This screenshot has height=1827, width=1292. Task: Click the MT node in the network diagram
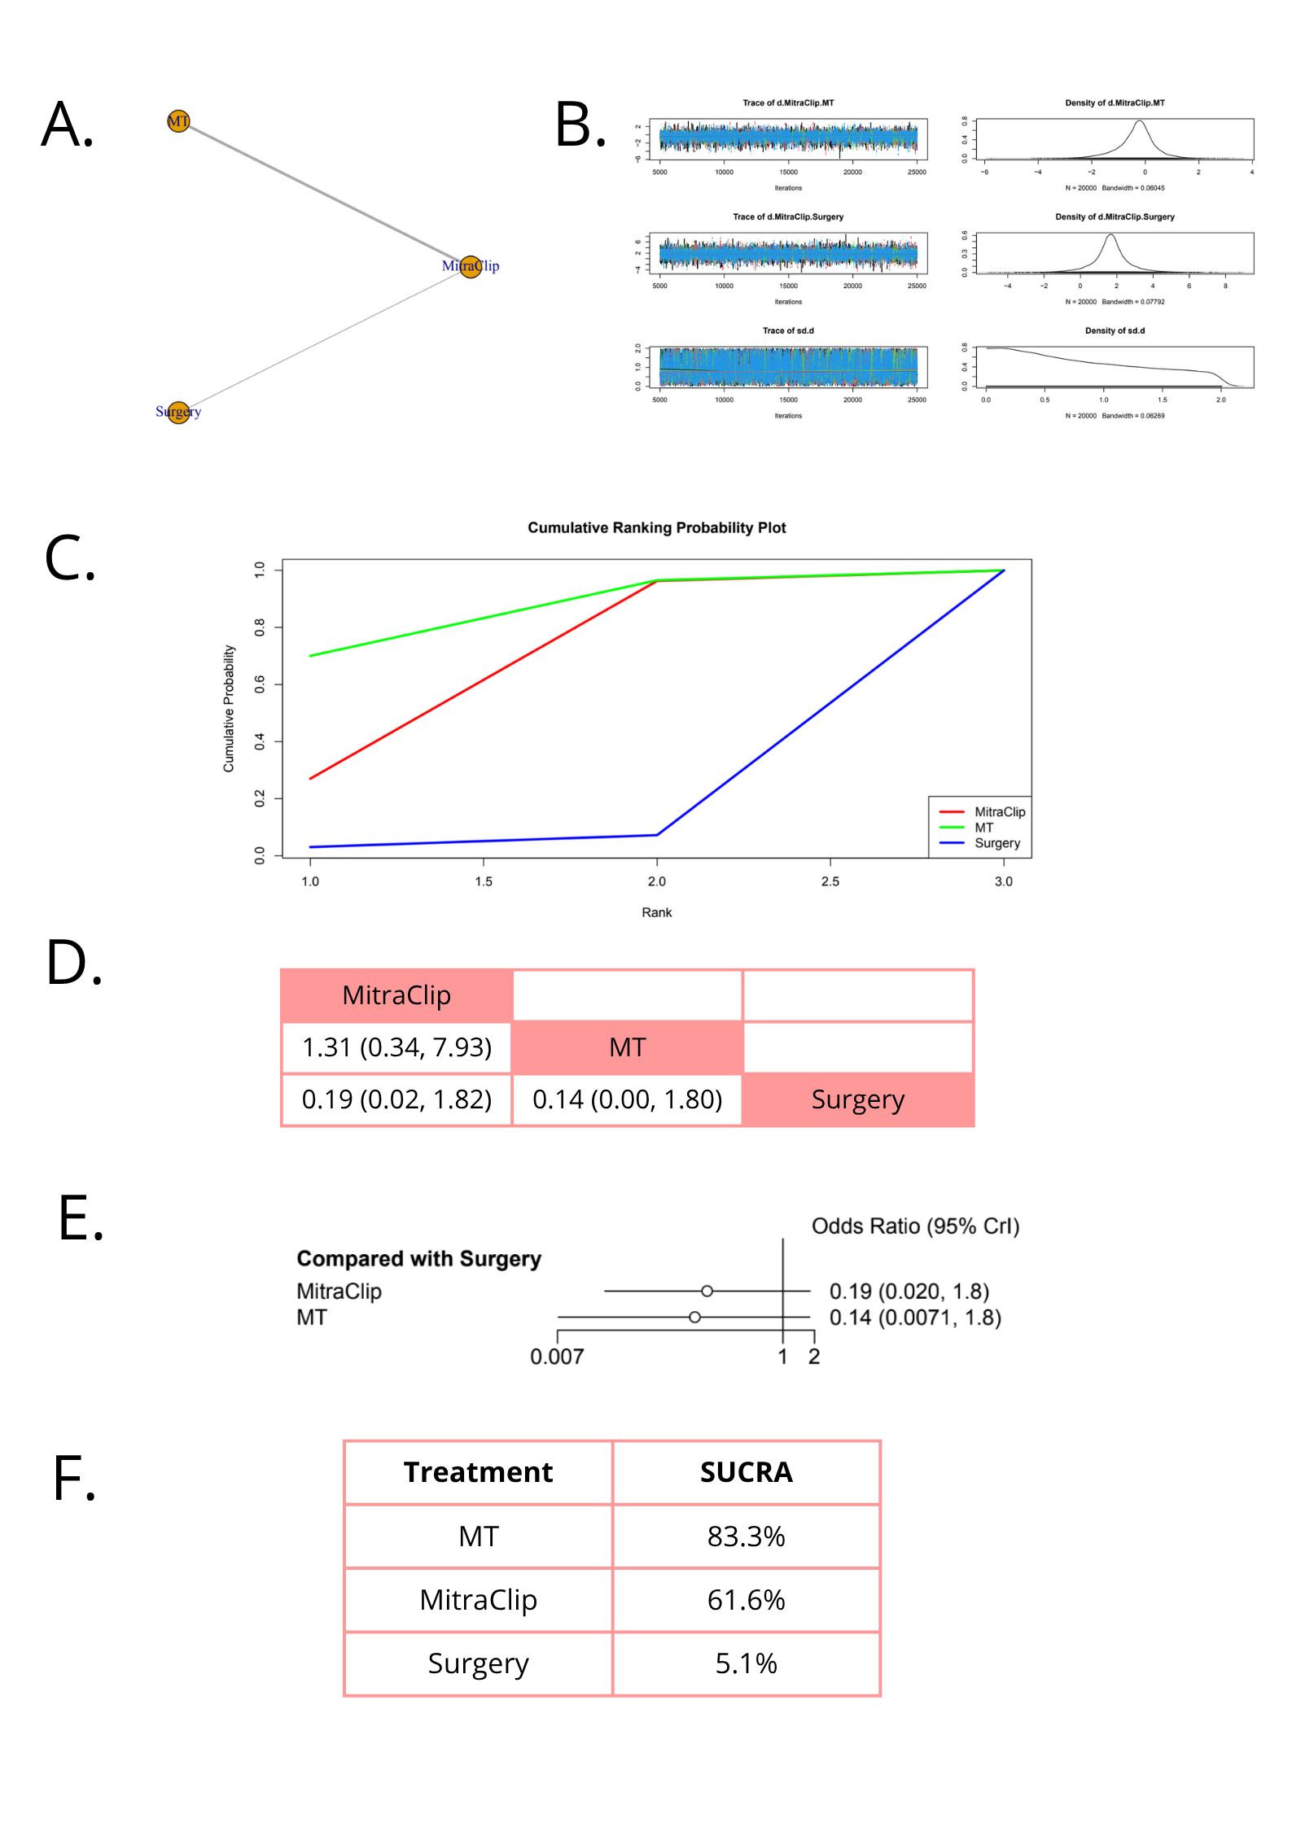(178, 121)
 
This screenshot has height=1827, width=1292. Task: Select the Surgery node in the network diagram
(178, 412)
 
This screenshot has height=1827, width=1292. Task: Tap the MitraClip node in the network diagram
(471, 266)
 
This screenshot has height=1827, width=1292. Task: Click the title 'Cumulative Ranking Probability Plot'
(656, 527)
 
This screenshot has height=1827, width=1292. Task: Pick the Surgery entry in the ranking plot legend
(996, 843)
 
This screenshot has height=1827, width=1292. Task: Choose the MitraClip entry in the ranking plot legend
(999, 811)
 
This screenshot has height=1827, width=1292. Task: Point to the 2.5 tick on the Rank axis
(830, 881)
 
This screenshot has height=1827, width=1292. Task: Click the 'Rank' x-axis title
(656, 912)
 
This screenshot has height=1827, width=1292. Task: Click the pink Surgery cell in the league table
(857, 1099)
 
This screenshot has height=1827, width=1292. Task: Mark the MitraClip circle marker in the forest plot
(707, 1291)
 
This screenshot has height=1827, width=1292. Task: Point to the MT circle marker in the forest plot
(694, 1317)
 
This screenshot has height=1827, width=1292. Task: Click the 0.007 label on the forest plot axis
(557, 1357)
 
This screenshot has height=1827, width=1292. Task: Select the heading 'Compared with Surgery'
(418, 1259)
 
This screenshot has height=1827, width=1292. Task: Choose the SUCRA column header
(746, 1472)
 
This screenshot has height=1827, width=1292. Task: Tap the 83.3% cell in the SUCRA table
(746, 1536)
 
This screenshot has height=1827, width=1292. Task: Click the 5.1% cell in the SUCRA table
(746, 1663)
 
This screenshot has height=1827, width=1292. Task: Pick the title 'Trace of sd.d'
(787, 330)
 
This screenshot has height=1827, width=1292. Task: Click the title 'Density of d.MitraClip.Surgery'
(1114, 216)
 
